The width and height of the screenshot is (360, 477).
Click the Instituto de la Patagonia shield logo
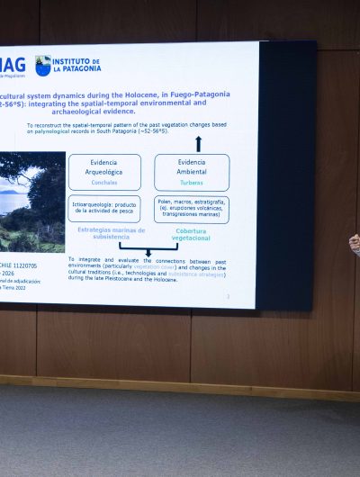click(42, 65)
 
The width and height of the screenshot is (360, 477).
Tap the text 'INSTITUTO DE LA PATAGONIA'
click(76, 65)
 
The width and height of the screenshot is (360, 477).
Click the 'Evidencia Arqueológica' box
click(104, 171)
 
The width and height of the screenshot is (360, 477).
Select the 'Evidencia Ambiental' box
click(191, 171)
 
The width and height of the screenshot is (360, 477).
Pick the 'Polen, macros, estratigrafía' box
click(191, 209)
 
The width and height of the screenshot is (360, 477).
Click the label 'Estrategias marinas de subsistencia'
click(104, 234)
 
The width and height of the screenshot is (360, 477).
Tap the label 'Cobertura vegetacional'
click(191, 234)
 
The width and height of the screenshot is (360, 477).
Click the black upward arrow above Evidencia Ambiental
click(199, 143)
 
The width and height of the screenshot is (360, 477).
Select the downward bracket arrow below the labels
click(148, 251)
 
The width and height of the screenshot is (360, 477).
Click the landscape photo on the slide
click(32, 202)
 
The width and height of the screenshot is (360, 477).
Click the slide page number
click(228, 295)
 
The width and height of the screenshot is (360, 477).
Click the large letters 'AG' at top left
click(13, 64)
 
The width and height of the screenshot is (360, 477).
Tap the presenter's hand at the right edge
click(355, 243)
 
